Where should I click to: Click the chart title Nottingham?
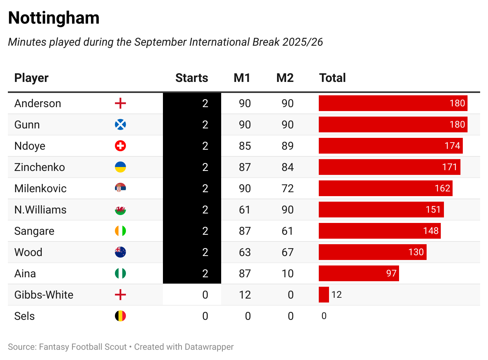coord(54,18)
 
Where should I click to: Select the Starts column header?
coord(192,78)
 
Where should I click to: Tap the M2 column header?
coord(285,78)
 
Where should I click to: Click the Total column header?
coord(333,78)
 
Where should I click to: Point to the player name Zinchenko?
coord(39,167)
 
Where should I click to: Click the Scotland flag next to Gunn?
coord(120,125)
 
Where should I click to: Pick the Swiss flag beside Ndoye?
coord(120,146)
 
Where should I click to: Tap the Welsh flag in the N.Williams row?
coord(120,210)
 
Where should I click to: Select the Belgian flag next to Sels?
coord(120,316)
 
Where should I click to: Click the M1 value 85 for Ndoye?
coord(245,146)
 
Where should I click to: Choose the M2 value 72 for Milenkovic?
coord(288,189)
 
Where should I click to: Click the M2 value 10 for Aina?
coord(288,274)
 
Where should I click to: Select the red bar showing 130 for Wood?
coord(372,252)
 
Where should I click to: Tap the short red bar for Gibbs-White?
coord(323,295)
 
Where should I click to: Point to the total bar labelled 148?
coord(379,231)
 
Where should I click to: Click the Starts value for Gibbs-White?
coord(205,295)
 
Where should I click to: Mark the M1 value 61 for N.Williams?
coord(245,210)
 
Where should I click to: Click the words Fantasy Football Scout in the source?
coord(83,347)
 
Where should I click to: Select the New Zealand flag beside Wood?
coord(120,252)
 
